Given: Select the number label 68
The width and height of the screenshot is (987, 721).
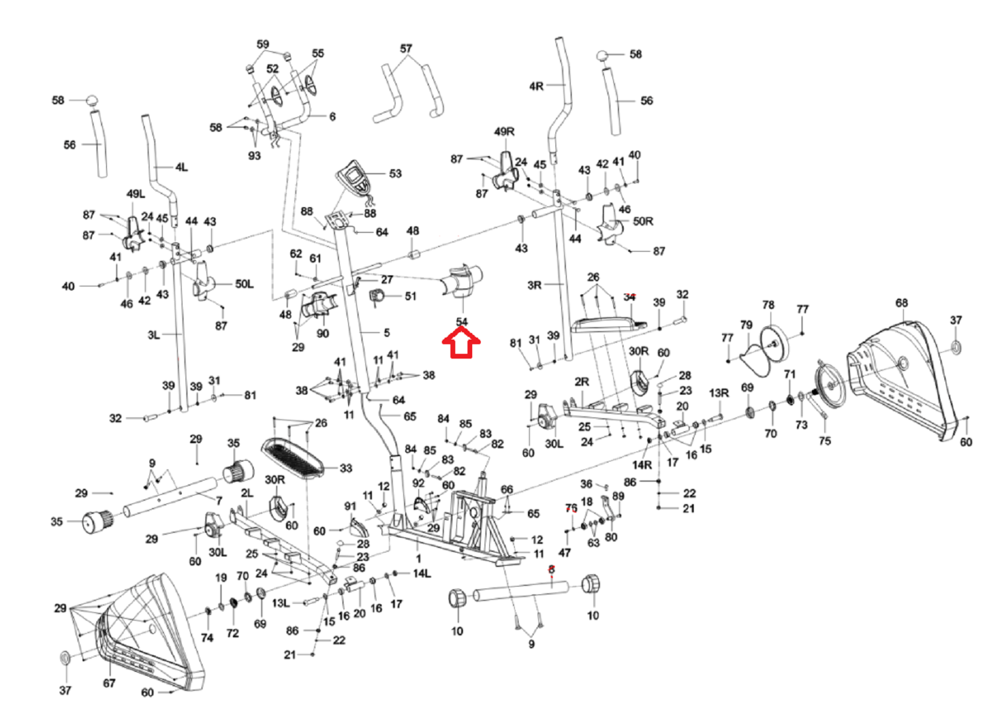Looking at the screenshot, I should pos(902,303).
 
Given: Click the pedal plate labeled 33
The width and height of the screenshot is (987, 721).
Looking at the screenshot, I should pos(294,456).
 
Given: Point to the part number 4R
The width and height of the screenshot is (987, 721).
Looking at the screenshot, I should pos(536,86).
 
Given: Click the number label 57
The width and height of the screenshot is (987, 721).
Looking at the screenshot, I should pos(406,49).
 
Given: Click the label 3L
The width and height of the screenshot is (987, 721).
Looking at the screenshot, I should pos(153,335).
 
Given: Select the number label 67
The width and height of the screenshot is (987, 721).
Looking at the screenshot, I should pos(109,683).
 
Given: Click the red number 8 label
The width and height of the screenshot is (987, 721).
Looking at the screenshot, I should pos(552,570).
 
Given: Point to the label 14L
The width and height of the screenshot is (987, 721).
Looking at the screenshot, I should pos(422,574).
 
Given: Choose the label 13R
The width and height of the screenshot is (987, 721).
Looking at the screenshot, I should pos(719,393).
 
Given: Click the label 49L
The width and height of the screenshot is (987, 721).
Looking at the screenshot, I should pos(136,194).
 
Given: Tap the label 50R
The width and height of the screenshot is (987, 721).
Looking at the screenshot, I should pos(643,222).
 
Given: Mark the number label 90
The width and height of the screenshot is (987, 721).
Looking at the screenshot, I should pos(323,334).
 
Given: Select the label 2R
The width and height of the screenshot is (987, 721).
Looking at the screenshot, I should pos(582,381).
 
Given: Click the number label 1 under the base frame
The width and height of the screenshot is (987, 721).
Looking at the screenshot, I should pos(418,559).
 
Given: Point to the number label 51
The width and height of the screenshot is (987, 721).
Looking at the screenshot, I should pos(411,296).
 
